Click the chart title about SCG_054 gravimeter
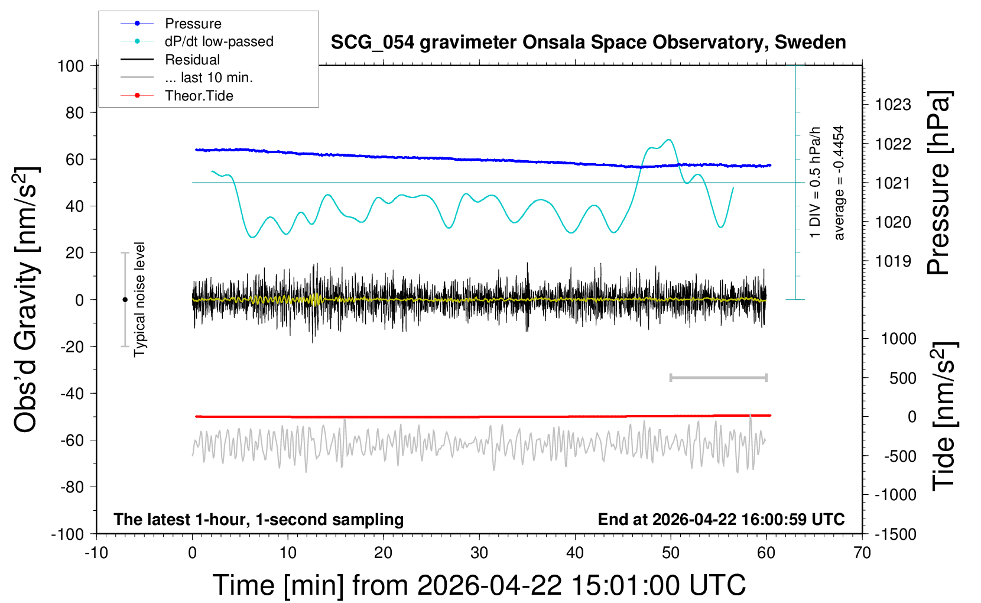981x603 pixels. coord(588,43)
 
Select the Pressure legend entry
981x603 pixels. coord(193,24)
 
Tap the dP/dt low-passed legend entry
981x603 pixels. coord(219,41)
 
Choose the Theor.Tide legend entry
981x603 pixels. coord(199,96)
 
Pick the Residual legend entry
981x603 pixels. coord(192,60)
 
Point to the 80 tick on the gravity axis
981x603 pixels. coord(74,112)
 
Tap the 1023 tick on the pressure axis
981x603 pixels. coord(893,105)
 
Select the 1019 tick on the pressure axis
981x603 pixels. coord(893,261)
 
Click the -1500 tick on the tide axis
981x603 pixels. coord(895,534)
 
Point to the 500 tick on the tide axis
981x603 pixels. coord(902,378)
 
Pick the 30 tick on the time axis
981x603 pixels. coord(479,553)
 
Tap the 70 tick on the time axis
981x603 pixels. coord(862,553)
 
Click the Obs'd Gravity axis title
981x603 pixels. coord(26,299)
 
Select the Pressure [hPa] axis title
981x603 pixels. coord(938,183)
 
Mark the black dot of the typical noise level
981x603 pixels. coord(125,300)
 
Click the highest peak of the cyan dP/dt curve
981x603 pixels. coord(668,140)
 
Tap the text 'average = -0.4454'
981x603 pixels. coord(839,183)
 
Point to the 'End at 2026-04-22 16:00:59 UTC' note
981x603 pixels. coord(721,519)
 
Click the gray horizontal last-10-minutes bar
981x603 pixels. coord(718,377)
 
